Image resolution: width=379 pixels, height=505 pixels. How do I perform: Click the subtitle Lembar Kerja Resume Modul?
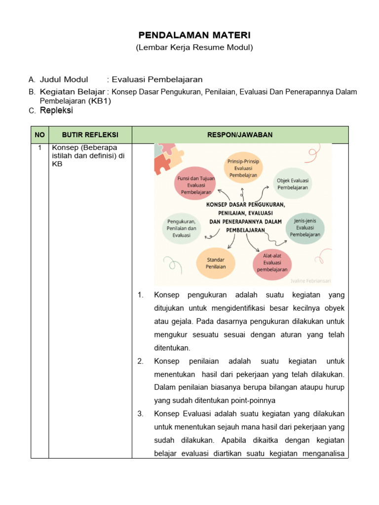tap(194, 47)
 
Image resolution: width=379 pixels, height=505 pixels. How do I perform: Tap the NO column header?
tap(40, 135)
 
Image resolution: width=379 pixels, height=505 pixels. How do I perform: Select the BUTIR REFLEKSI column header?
tap(90, 135)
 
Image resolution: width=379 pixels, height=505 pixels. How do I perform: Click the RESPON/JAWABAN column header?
tap(240, 135)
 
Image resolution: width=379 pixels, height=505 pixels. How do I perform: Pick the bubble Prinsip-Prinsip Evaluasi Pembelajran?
tap(243, 168)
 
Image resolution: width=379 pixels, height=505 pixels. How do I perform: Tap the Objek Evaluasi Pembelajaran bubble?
tap(292, 184)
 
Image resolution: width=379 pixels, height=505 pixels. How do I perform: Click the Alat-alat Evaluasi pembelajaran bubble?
tap(272, 263)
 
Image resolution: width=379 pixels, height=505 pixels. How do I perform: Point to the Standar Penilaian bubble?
tap(216, 263)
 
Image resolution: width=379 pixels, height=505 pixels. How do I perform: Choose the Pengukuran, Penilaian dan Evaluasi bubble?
tap(182, 228)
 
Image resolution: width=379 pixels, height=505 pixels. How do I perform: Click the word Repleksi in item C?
tap(56, 111)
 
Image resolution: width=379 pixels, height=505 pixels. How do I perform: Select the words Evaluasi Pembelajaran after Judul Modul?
tap(157, 79)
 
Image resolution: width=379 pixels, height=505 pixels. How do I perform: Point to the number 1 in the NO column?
tap(39, 147)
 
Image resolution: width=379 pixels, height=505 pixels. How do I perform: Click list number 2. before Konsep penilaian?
tap(141, 361)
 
